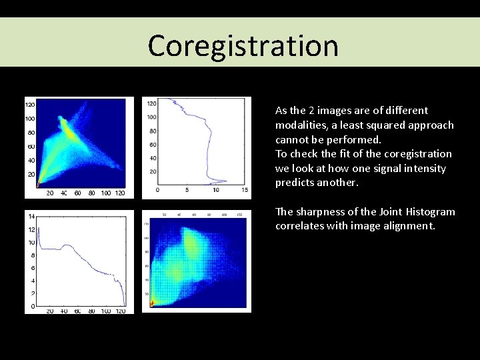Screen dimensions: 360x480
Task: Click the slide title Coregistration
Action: [x=243, y=45]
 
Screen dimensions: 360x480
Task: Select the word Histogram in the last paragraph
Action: [x=431, y=211]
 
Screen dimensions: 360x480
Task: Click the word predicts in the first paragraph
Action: [x=294, y=182]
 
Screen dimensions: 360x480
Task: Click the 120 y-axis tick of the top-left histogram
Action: [x=30, y=105]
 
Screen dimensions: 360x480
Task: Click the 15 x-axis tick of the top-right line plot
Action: [x=245, y=190]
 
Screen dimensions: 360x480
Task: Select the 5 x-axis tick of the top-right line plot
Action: [x=187, y=190]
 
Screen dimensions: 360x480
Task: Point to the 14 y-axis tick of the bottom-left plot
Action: [x=30, y=216]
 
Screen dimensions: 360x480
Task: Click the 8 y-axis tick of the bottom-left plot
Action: [x=31, y=255]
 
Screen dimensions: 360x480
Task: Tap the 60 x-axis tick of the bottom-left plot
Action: [x=77, y=311]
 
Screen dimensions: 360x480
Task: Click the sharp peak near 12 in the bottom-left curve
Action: [x=38, y=229]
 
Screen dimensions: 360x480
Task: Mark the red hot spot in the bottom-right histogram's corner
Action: [x=152, y=304]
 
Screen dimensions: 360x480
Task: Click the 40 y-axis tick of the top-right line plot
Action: [x=152, y=158]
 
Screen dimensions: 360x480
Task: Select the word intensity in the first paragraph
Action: [x=425, y=168]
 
